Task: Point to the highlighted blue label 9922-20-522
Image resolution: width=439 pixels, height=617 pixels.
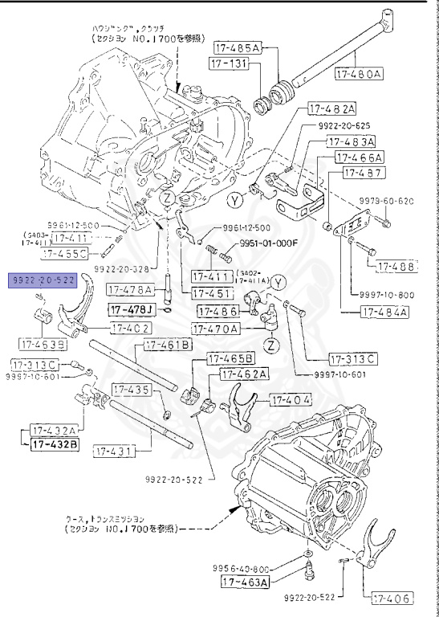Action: point(43,279)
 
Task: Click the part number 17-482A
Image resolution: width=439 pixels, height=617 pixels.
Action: point(328,108)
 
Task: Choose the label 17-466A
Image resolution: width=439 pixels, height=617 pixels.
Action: point(359,157)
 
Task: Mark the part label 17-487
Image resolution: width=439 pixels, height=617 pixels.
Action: point(366,173)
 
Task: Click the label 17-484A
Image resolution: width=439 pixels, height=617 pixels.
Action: point(384,312)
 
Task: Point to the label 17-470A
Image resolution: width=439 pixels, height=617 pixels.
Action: point(215,329)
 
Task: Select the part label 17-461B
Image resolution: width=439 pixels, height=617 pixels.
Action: point(168,345)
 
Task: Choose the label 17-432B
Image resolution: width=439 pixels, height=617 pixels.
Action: point(55,444)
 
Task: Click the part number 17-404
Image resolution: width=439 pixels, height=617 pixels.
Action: point(292,399)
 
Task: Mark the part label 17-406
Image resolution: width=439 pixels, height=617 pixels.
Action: point(390,597)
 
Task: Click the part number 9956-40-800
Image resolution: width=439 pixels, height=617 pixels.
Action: point(241,567)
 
